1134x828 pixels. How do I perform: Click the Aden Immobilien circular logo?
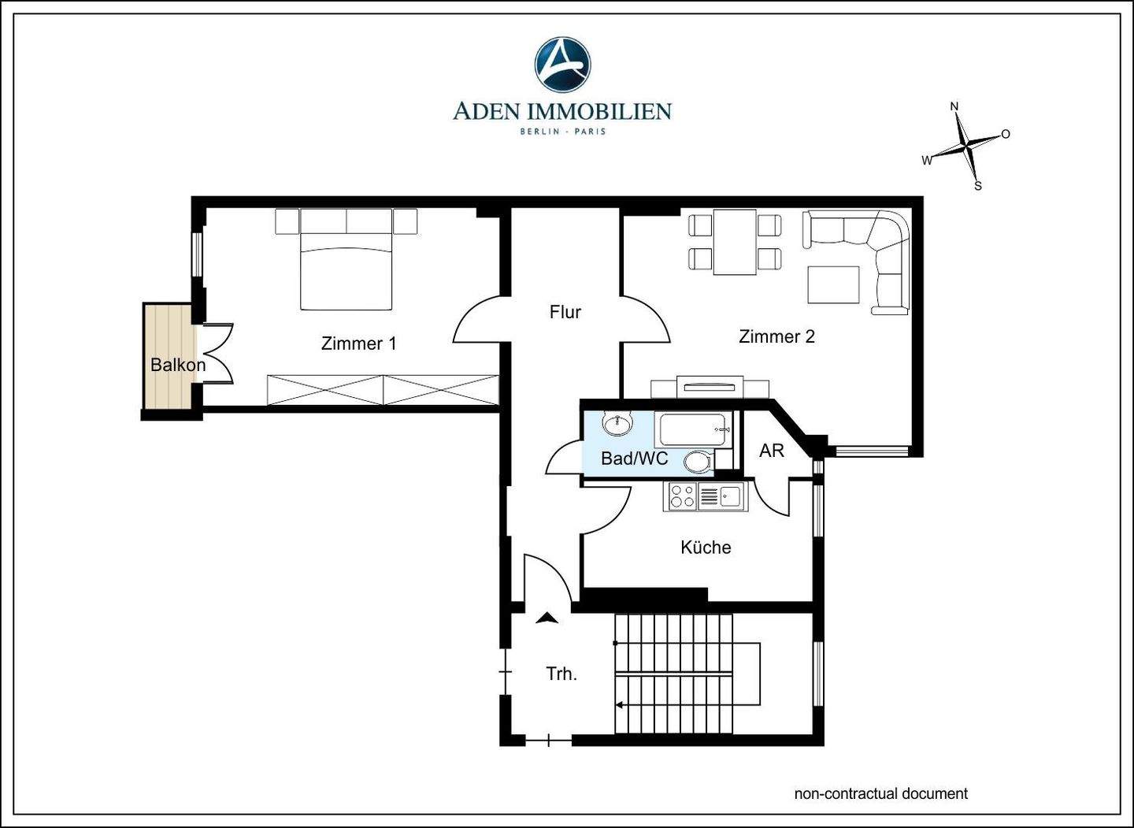[562, 65]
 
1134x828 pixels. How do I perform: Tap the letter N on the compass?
[954, 106]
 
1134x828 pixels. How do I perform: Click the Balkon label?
[178, 365]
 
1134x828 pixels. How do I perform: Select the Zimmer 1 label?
[358, 343]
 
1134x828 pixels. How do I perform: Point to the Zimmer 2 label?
[776, 336]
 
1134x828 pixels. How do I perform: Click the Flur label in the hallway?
[565, 312]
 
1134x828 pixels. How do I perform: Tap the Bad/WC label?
[635, 459]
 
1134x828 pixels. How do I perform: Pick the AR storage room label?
[772, 450]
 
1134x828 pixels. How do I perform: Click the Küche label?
[706, 547]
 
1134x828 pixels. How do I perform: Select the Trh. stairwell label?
[562, 674]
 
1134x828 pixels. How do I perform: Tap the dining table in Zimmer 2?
[735, 242]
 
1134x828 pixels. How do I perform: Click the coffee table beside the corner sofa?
[833, 284]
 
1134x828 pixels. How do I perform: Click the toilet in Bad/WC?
[699, 462]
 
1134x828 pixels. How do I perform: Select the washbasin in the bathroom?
[617, 423]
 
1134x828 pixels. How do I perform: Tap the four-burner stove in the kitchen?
[681, 496]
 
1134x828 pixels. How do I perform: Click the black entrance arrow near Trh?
[547, 618]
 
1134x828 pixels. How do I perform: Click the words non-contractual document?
[881, 793]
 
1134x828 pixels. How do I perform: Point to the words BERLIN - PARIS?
[563, 132]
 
